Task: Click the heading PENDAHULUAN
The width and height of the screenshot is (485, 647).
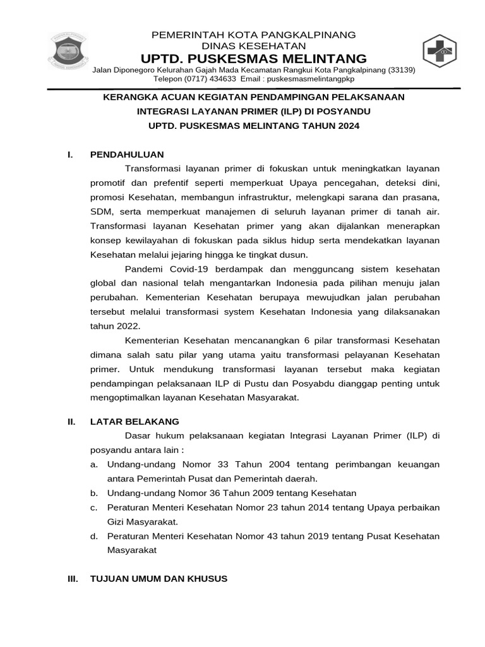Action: [127, 154]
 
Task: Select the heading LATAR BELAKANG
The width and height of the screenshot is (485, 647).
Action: [135, 421]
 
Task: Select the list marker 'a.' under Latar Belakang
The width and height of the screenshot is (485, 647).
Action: [93, 464]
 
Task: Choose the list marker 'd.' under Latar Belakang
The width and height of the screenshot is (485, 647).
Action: [93, 536]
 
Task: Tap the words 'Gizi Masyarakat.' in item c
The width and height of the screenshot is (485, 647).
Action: [143, 521]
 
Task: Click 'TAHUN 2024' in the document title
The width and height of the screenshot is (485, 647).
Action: [333, 126]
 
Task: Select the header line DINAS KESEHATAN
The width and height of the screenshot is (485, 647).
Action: [253, 46]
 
